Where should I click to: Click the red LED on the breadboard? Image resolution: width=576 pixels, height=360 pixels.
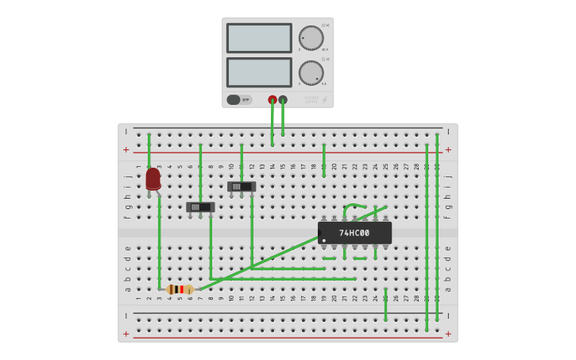[x=153, y=178]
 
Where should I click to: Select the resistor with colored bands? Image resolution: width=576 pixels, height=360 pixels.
[x=180, y=289]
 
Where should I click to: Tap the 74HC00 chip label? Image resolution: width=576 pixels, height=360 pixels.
[x=354, y=233]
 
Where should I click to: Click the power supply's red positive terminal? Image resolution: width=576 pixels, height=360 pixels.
[x=273, y=100]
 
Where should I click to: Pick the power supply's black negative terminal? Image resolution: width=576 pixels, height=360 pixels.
[x=283, y=100]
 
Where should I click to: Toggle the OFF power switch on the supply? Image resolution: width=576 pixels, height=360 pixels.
[x=234, y=100]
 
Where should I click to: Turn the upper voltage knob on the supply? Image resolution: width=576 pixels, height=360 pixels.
[x=311, y=38]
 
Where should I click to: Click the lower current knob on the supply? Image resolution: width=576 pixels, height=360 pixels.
[x=311, y=73]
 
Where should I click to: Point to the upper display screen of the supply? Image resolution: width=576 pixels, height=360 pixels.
[x=259, y=38]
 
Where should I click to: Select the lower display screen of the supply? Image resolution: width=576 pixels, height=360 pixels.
[x=259, y=72]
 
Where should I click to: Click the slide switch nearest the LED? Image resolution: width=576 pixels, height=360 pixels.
[x=200, y=207]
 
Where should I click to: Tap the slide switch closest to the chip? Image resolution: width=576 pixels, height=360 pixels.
[x=242, y=187]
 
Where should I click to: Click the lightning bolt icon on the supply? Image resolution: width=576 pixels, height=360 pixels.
[x=324, y=100]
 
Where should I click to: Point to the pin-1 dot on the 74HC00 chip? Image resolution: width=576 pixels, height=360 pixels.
[x=324, y=240]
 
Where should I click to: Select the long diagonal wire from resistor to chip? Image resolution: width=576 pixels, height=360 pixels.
[x=262, y=262]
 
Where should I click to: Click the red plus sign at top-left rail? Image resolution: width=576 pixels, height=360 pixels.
[x=126, y=149]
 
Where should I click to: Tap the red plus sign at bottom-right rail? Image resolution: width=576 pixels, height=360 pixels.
[x=448, y=334]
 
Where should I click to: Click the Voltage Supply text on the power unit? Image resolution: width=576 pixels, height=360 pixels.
[x=311, y=99]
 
